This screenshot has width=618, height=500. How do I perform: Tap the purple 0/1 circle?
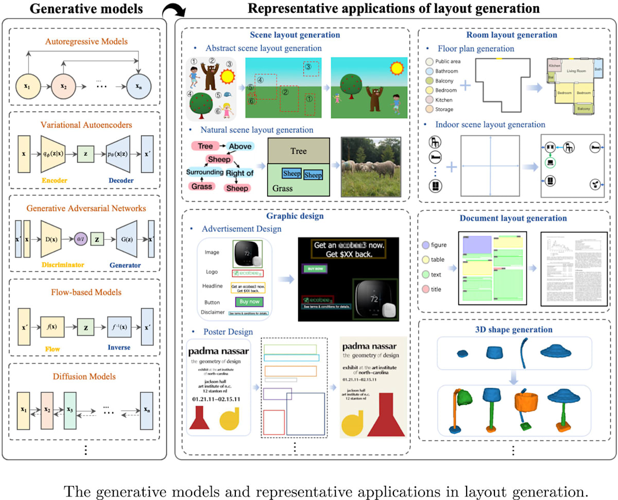[x=80, y=239]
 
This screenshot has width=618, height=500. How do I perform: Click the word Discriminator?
[x=63, y=265]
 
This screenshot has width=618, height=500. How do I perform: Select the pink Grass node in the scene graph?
[x=202, y=186]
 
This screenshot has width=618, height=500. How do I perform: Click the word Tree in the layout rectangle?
[x=298, y=152]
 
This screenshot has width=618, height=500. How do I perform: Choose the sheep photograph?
[x=371, y=166]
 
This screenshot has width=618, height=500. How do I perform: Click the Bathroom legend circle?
[x=429, y=71]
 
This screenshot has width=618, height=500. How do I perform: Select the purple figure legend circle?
[x=425, y=245]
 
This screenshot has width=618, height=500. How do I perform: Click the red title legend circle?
[x=425, y=289]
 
